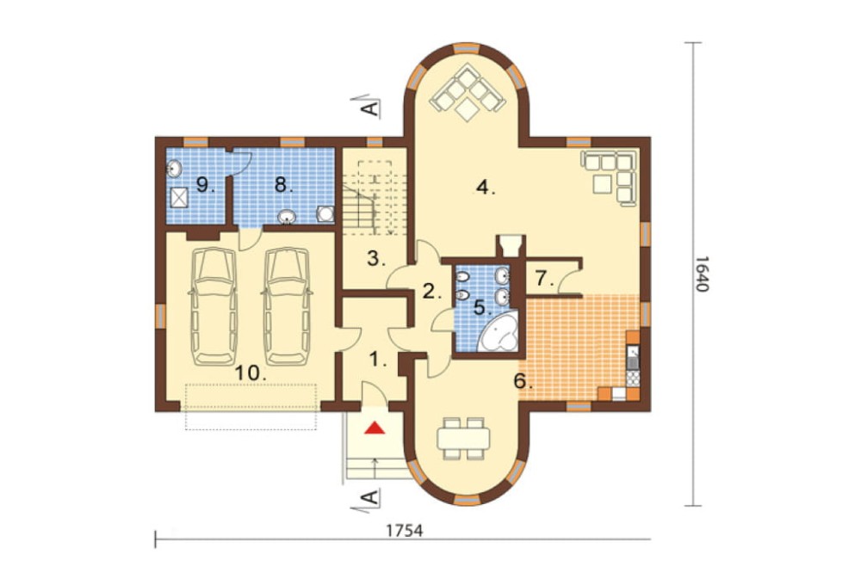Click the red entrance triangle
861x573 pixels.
[375, 427]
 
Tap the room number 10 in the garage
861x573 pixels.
[250, 373]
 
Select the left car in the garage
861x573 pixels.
[214, 305]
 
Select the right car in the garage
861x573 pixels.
[286, 305]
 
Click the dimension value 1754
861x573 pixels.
[405, 532]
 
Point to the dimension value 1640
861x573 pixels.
[703, 274]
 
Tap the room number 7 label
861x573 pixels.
[544, 280]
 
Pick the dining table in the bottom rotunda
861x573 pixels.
[463, 438]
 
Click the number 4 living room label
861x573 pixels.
[485, 188]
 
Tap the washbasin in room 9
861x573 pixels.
[174, 168]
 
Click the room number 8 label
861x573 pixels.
[283, 185]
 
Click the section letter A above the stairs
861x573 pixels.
[372, 108]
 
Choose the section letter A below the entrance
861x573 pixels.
[371, 497]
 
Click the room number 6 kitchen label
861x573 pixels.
[523, 381]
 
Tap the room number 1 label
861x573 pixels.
[377, 360]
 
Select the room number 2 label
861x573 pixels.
[431, 292]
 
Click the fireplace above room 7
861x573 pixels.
[511, 245]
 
